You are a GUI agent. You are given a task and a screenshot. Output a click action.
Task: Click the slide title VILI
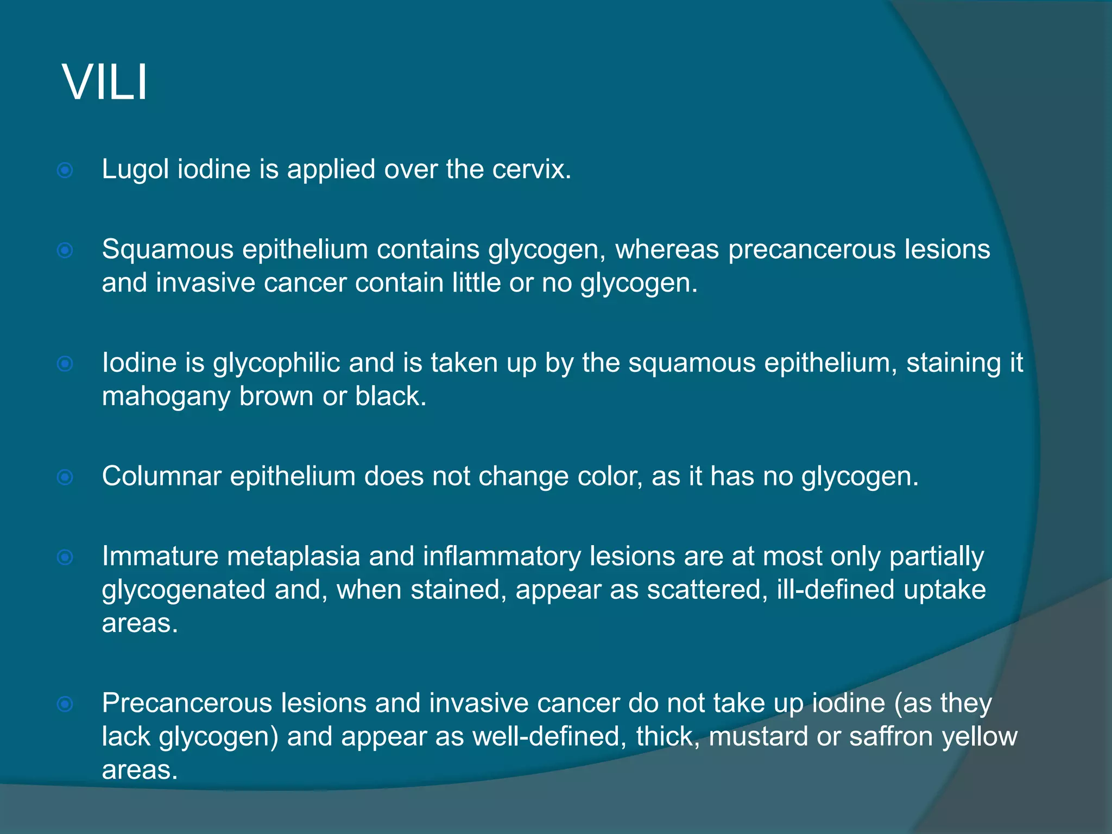tap(105, 83)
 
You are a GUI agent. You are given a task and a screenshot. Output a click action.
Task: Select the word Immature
tap(160, 557)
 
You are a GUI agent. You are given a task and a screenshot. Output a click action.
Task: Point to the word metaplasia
tap(294, 557)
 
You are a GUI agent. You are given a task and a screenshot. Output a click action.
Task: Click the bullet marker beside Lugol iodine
tap(65, 171)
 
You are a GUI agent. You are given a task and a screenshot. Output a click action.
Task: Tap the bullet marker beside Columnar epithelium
tap(65, 477)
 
